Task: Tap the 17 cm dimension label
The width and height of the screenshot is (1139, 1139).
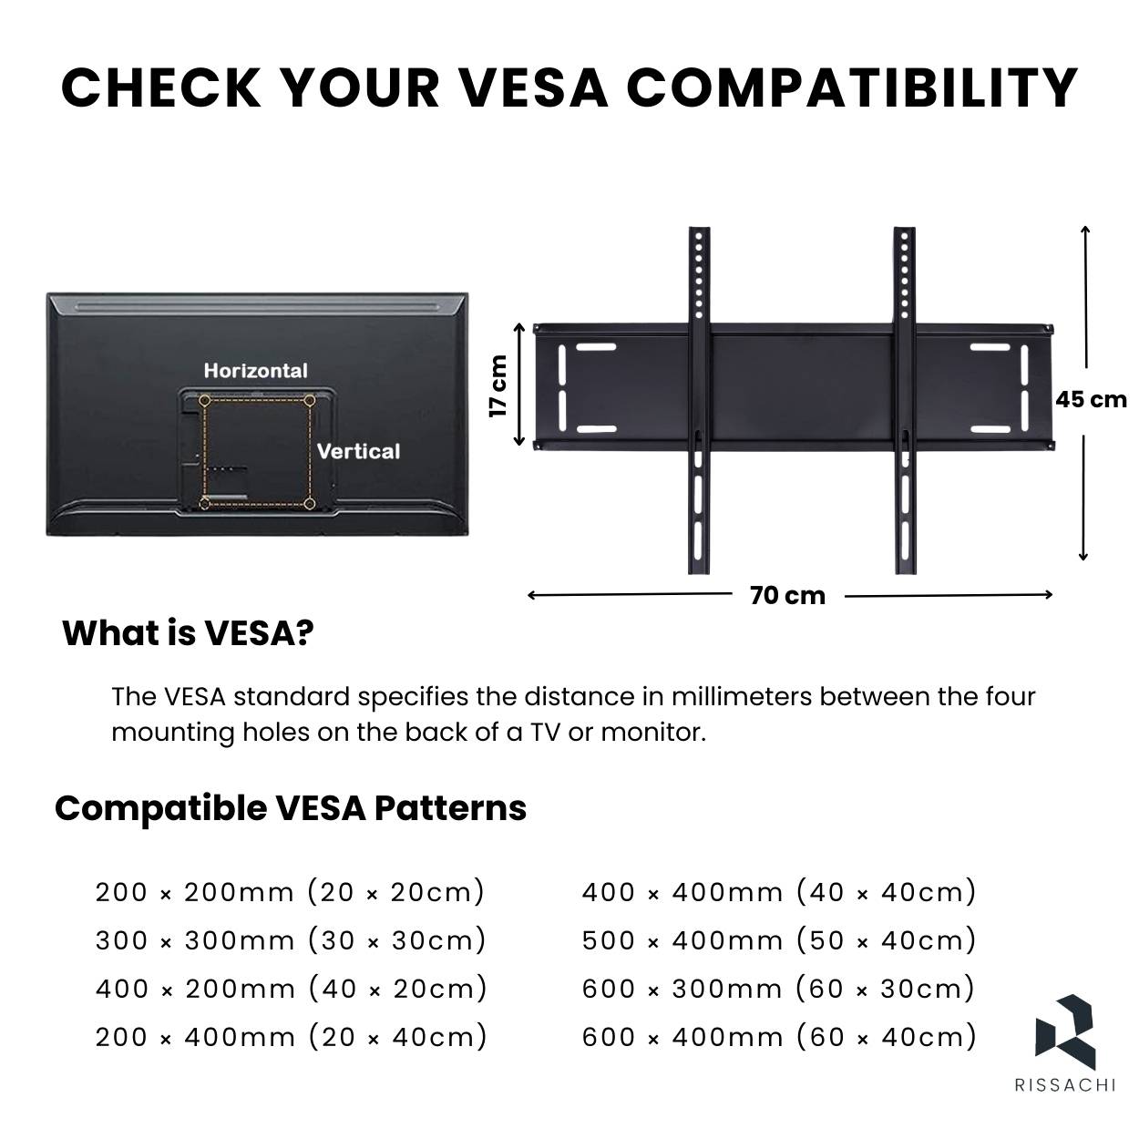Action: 498,386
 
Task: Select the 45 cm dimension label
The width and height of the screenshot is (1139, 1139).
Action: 1091,400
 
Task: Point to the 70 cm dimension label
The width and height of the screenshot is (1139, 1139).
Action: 787,596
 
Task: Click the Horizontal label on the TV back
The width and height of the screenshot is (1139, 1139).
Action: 255,371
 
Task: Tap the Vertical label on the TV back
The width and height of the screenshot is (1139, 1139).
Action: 358,452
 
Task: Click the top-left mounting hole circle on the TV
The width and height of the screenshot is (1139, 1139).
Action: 205,401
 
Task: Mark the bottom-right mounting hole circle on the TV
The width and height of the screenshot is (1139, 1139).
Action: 309,504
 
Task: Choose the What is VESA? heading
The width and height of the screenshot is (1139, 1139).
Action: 188,633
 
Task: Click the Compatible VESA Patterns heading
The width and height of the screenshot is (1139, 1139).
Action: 291,808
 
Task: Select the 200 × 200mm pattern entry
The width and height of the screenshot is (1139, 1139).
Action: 290,892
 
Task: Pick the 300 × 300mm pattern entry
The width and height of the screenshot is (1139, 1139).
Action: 291,940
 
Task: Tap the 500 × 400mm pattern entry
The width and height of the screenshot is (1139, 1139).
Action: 778,940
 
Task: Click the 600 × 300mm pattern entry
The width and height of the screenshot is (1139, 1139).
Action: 778,989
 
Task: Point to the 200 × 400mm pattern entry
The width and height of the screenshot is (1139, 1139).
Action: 291,1037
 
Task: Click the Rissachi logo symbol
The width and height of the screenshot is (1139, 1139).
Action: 1065,1032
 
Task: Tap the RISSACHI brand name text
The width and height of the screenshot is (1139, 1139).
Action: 1065,1085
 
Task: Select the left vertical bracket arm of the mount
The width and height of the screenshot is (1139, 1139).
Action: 699,400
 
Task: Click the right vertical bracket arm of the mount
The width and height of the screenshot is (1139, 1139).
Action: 905,400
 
